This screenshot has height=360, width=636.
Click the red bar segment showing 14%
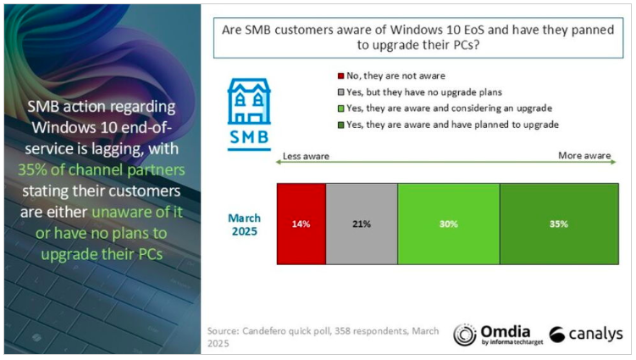(301, 224)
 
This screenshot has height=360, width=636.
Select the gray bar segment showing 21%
(361, 224)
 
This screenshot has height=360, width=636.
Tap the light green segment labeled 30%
(448, 224)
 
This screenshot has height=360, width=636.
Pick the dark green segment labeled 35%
(557, 224)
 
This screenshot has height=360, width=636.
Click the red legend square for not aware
(340, 75)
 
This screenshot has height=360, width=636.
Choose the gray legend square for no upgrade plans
(340, 91)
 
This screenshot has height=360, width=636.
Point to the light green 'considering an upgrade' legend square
(340, 108)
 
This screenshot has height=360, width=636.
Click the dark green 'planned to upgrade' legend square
(340, 124)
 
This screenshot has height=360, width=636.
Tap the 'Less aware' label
(305, 157)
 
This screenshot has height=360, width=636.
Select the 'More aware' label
(584, 157)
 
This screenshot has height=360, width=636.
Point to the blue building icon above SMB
(248, 102)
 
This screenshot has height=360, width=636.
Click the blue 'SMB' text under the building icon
(248, 137)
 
